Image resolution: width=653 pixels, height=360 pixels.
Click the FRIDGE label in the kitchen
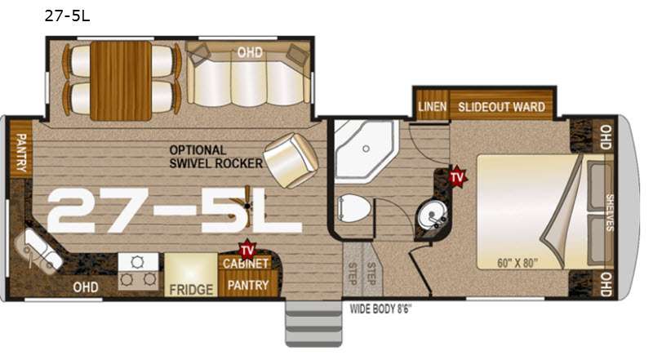191,289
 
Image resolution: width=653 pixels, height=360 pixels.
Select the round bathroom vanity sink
432,216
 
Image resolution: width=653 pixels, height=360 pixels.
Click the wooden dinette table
121,81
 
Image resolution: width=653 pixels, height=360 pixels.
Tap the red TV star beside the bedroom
457,176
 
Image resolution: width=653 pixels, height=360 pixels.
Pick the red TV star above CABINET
247,249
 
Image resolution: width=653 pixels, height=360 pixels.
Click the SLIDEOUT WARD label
501,107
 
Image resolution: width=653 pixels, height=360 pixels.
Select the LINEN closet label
433,107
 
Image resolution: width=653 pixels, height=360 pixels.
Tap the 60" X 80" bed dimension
518,263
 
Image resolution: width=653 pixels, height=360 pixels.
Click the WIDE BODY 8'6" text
380,309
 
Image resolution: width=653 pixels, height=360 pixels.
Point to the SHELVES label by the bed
609,212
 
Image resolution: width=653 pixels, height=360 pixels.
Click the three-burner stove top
138,271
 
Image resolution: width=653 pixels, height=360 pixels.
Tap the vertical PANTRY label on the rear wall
21,153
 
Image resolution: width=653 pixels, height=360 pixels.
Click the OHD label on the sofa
250,52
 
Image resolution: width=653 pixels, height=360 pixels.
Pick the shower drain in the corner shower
366,149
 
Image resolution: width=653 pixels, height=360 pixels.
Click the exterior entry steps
313,323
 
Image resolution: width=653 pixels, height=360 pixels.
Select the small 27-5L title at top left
67,16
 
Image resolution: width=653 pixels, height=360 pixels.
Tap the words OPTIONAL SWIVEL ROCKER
215,157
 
